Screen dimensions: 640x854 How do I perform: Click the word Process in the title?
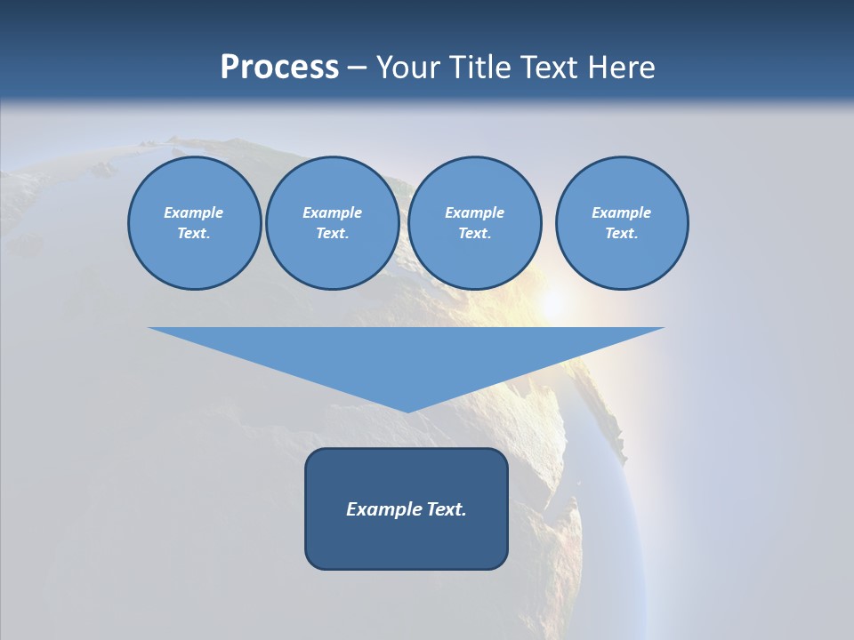[279, 68]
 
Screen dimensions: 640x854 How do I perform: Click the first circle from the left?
[194, 223]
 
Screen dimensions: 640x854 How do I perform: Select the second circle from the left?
[332, 223]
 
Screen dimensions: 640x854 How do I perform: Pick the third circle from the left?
[474, 223]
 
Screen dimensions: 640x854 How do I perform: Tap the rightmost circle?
[621, 223]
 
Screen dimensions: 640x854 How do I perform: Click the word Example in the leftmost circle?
[194, 212]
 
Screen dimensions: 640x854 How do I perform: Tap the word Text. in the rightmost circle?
[621, 234]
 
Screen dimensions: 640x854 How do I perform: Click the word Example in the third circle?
[474, 212]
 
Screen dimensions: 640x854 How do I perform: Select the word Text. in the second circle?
[332, 234]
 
